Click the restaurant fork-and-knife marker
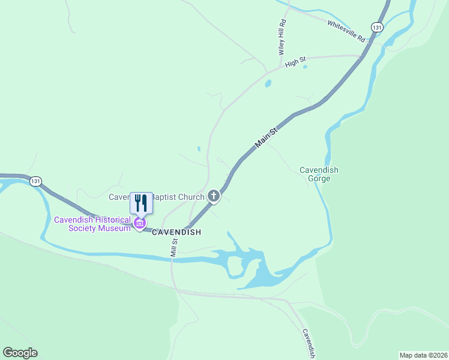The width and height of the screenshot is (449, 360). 141,202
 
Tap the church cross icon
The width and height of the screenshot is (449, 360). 214,196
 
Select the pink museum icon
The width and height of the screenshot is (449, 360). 140,224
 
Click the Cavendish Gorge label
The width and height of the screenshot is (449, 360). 319,174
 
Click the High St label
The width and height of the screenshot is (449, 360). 295,61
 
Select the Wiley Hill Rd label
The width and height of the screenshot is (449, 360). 282,37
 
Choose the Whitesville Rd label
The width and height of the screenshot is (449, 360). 346,31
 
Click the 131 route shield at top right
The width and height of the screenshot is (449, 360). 376,27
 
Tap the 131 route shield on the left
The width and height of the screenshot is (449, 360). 35,181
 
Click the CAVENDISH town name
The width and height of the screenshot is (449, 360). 176,232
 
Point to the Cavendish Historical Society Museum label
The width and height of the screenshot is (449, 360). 92,223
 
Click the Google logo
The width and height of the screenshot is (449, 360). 20,353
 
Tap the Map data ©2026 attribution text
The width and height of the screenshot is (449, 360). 423,355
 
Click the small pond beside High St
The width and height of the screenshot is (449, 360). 268,83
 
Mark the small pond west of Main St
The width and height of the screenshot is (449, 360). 199,148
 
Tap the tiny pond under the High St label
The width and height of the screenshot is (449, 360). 306,67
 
